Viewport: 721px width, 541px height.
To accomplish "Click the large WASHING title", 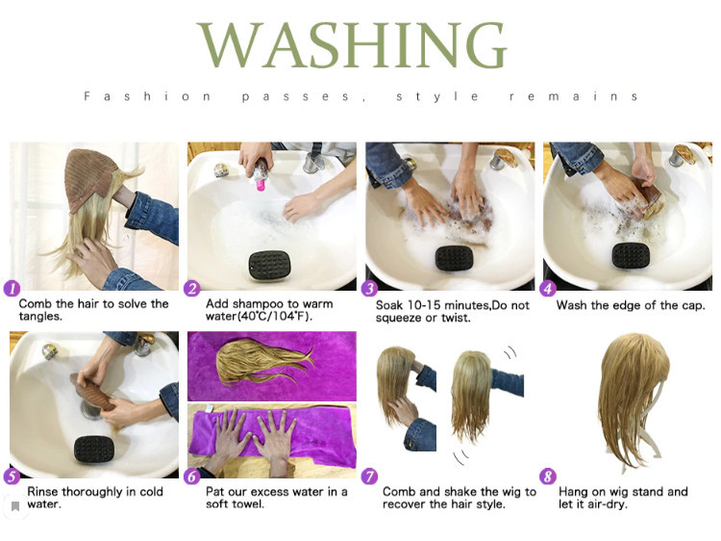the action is coord(353,44).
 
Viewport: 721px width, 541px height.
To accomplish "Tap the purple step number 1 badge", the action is coord(12,289).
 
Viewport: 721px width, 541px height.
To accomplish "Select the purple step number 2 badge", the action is coord(191,289).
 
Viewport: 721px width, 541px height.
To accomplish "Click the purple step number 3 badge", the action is coord(369,289).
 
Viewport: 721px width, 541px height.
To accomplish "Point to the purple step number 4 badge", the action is coord(547,289).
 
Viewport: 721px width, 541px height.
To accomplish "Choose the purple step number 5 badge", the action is coord(12,477).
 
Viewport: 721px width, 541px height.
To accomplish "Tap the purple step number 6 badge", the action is coord(191,477).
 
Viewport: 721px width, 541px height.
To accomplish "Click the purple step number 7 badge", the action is coord(369,477).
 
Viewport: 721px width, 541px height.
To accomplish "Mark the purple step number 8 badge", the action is coord(547,477).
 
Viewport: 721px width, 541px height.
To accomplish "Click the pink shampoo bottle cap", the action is coord(261,185).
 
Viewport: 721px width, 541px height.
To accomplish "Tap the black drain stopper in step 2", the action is coord(269,265).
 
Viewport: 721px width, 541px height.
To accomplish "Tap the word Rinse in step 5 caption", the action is coord(42,492).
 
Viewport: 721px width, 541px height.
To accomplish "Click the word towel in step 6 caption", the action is coord(248,504).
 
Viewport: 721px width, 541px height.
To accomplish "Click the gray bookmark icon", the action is coord(15,506).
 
